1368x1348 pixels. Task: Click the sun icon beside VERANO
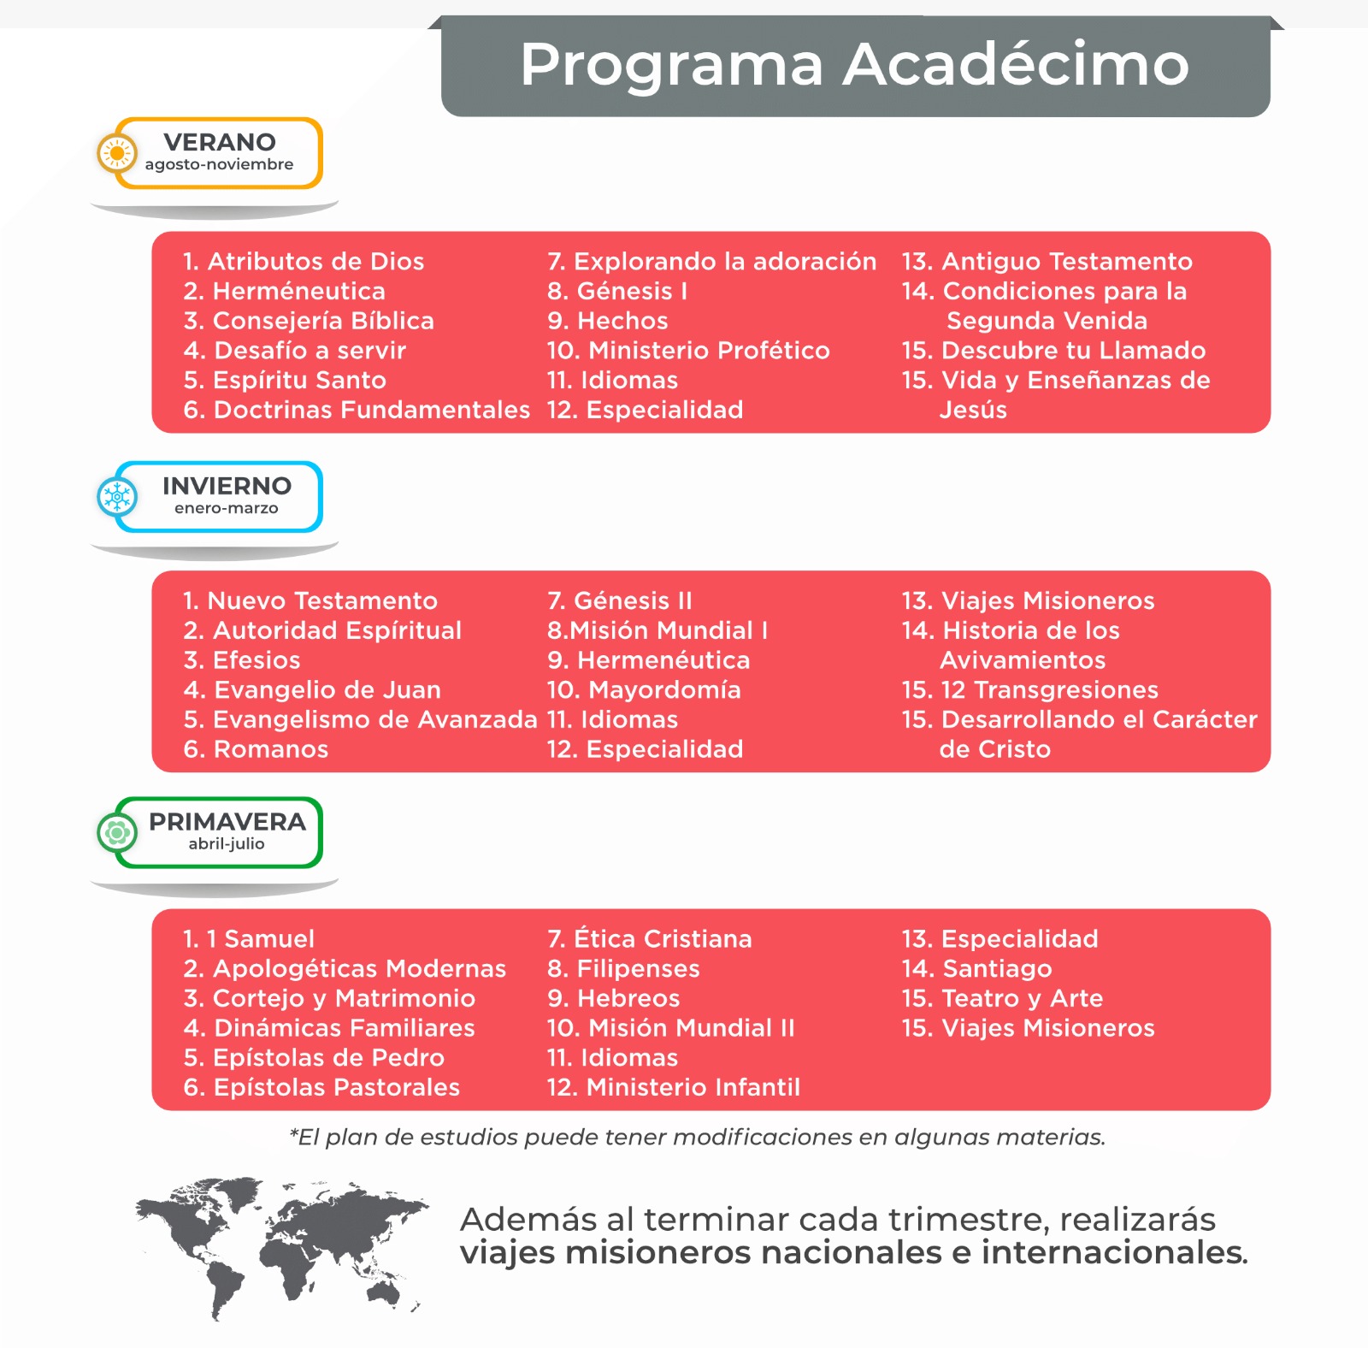[117, 154]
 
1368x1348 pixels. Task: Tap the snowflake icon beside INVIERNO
[117, 496]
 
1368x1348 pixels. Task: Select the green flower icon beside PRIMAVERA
[117, 832]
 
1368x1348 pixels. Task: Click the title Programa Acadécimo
[854, 65]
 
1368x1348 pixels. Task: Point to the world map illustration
[282, 1245]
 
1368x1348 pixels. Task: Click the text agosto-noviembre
[219, 164]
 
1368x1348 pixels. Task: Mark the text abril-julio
[227, 844]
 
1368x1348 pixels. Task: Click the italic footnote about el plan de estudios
[698, 1137]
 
